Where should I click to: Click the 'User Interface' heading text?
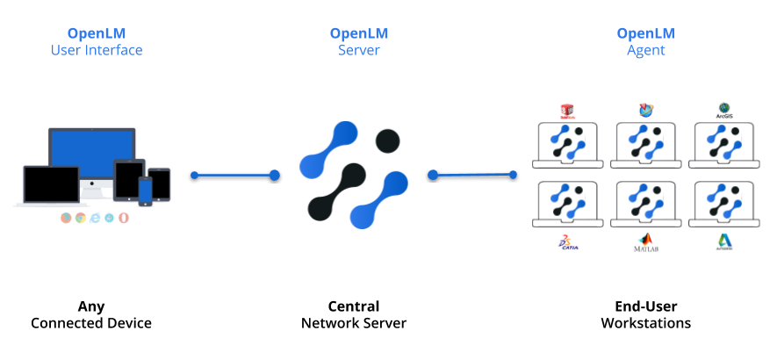[x=96, y=50]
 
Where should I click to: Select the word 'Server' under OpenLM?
[x=359, y=50]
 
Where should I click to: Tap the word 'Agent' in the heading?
[x=645, y=50]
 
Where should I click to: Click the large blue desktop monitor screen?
[x=91, y=153]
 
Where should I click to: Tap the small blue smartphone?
[x=145, y=190]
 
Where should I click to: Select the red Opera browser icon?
[x=123, y=218]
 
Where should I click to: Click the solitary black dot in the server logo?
[x=387, y=140]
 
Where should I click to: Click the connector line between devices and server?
[x=234, y=176]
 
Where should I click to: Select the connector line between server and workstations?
[x=473, y=176]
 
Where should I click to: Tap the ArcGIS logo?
[x=725, y=110]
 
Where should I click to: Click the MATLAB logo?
[x=646, y=242]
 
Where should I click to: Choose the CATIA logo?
[x=568, y=243]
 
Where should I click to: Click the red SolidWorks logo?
[x=567, y=111]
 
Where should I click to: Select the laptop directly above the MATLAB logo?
[x=646, y=204]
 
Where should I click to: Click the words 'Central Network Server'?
[x=354, y=315]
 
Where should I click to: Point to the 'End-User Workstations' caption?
[x=645, y=315]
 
